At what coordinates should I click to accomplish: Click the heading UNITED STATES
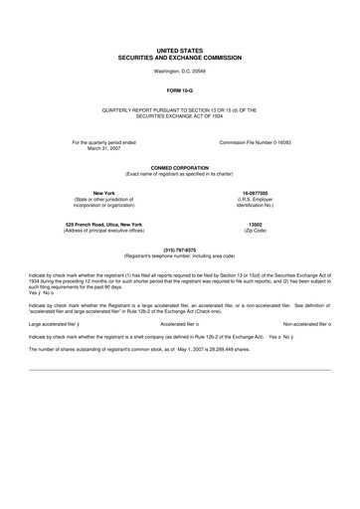[x=180, y=48]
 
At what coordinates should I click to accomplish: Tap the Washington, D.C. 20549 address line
[x=180, y=73]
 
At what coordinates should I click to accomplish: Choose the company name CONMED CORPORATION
[x=180, y=168]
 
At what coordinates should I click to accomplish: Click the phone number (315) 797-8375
[x=180, y=250]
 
